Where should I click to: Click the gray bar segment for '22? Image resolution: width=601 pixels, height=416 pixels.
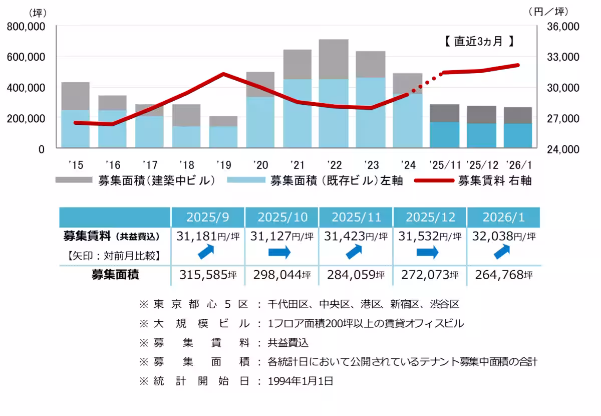click(334, 59)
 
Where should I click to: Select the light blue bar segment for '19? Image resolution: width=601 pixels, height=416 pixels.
click(223, 137)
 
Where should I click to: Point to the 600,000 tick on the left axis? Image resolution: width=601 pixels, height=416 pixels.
click(26, 57)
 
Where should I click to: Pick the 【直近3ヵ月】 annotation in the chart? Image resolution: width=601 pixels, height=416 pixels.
click(479, 42)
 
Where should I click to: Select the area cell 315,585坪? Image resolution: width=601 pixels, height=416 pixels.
click(208, 275)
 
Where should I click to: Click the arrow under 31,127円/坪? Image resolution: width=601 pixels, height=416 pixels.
click(279, 253)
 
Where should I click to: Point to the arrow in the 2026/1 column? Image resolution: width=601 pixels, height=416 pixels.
click(503, 253)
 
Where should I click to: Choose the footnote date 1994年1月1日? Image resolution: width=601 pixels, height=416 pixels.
click(300, 381)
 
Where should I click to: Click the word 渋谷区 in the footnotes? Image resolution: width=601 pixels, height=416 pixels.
click(444, 304)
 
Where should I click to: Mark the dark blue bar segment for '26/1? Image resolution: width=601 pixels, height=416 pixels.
click(518, 135)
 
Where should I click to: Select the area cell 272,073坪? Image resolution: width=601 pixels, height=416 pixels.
click(429, 275)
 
